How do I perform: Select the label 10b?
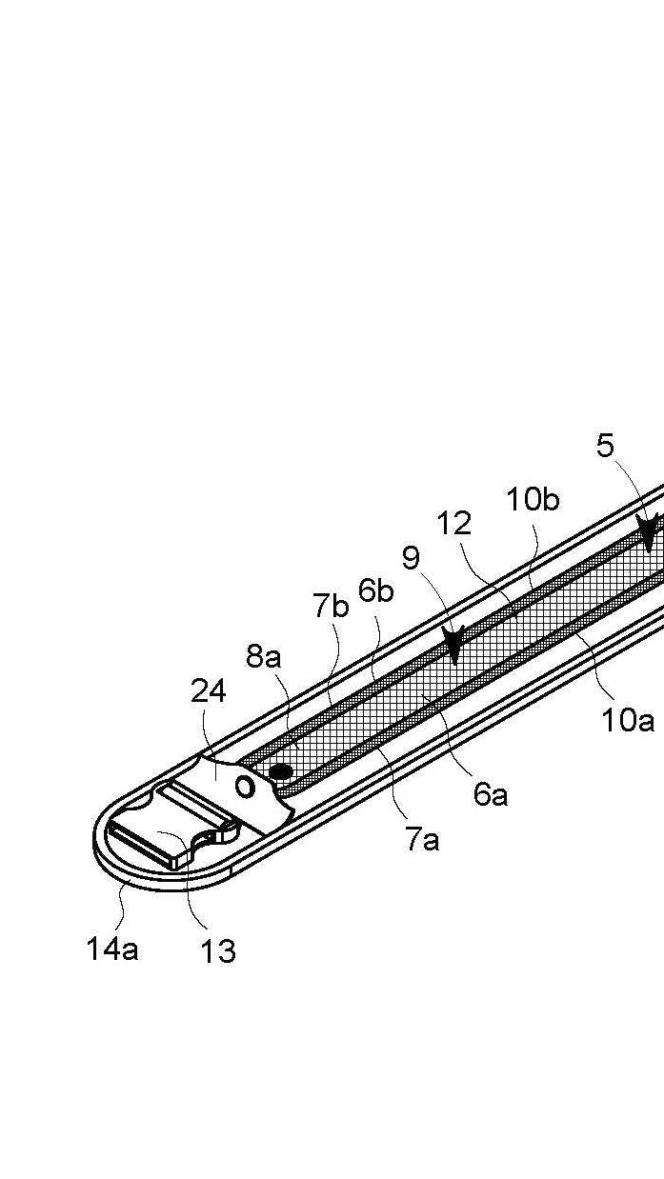click(x=533, y=499)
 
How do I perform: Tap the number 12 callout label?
click(x=454, y=523)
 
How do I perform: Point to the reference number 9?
click(x=411, y=558)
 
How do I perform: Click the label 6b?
click(x=376, y=590)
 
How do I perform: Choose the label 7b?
click(x=331, y=606)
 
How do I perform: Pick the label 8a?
click(x=264, y=656)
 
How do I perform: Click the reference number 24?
click(x=208, y=690)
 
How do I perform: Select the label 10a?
click(x=628, y=721)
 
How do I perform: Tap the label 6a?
click(x=491, y=793)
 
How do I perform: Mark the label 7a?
click(x=422, y=839)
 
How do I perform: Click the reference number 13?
click(x=218, y=950)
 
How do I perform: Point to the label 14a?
click(x=112, y=949)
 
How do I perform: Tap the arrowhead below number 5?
click(x=649, y=533)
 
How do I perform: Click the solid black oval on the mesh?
click(x=281, y=769)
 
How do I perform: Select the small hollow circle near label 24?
click(x=245, y=787)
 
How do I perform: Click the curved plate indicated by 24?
click(x=224, y=776)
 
